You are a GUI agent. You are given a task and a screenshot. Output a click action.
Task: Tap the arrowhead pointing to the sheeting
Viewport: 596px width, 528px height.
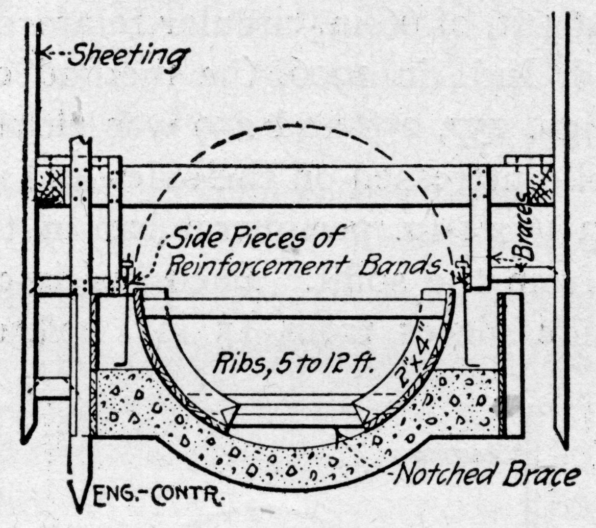[x=45, y=53]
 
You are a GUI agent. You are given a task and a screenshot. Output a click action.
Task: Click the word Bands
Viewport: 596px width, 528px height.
[x=414, y=265]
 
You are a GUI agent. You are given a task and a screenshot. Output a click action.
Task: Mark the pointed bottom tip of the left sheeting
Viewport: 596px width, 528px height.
[x=29, y=439]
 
